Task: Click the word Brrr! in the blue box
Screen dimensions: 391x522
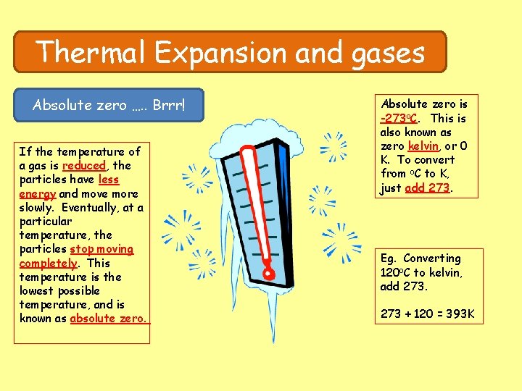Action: click(x=169, y=106)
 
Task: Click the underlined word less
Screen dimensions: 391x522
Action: click(x=109, y=180)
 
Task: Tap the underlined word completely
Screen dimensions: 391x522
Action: click(x=48, y=263)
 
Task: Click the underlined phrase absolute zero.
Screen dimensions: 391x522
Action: click(x=109, y=319)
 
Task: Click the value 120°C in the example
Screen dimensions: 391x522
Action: click(x=396, y=273)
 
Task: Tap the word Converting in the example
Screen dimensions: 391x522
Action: click(x=432, y=258)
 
